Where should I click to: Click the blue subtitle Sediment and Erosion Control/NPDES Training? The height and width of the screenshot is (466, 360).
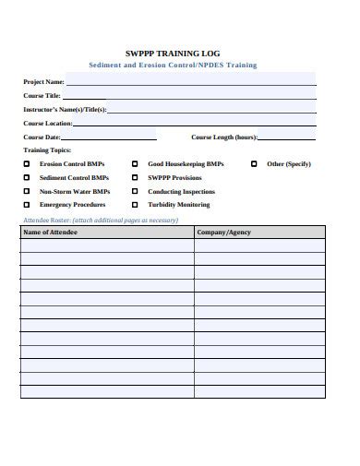tap(173, 66)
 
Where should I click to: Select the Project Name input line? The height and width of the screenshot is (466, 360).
tap(189, 83)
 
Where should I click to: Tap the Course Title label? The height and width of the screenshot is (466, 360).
tap(42, 95)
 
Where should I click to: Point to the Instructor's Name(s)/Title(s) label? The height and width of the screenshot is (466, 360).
tap(65, 109)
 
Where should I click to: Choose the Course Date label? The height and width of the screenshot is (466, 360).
tap(42, 137)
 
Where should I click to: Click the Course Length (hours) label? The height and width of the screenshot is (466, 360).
tap(224, 137)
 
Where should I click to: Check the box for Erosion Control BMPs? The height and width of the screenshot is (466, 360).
tap(27, 163)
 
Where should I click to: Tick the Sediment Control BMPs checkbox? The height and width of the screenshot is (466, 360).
tap(27, 177)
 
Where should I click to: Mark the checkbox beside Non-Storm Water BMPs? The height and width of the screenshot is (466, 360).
tap(27, 191)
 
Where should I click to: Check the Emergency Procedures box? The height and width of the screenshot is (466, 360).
tap(27, 205)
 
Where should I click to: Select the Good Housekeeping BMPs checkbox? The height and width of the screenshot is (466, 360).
tap(136, 163)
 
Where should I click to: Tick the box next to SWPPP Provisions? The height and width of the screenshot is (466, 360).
tap(136, 177)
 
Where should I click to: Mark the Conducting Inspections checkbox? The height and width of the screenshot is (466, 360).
tap(136, 191)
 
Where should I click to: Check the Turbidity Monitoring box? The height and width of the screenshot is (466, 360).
tap(136, 205)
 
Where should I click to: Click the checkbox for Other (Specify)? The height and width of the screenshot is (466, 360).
tap(254, 163)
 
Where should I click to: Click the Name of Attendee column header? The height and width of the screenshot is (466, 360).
tap(50, 233)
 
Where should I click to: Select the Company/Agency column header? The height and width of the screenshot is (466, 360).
tap(223, 233)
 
